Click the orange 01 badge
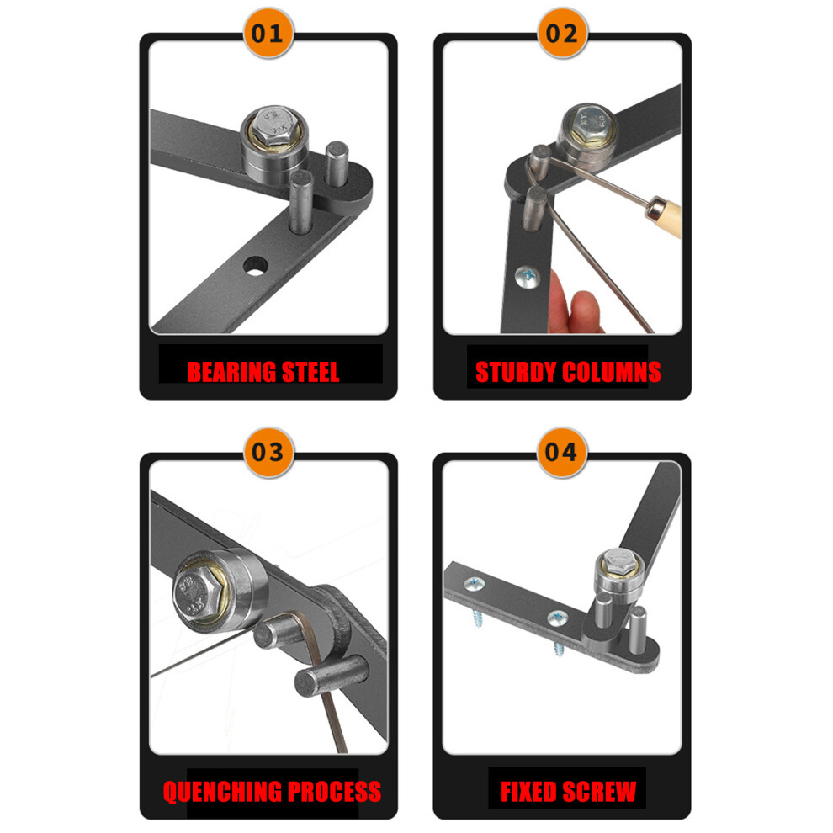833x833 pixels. pos(268,34)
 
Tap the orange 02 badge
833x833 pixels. pos(562,34)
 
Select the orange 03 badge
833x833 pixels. pos(268,452)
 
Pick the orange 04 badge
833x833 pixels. pos(561,452)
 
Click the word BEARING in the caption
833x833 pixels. pos(232,372)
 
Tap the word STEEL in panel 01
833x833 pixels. pos(310,372)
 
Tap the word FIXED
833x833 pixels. pos(529,792)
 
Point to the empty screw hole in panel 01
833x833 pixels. pos(256,266)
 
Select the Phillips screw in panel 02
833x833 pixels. pos(528,277)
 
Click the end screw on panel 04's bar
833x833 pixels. pos(475,586)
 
